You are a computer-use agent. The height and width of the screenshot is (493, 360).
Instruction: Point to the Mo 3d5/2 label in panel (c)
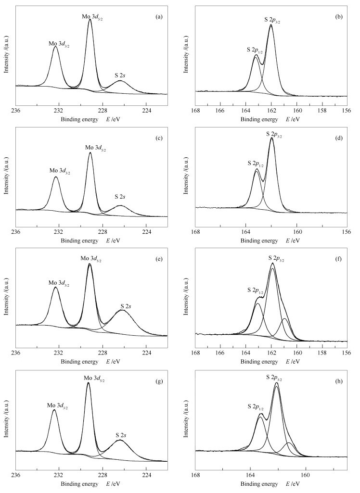click(96, 147)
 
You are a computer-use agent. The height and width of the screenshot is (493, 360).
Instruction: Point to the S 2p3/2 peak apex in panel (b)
click(271, 25)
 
